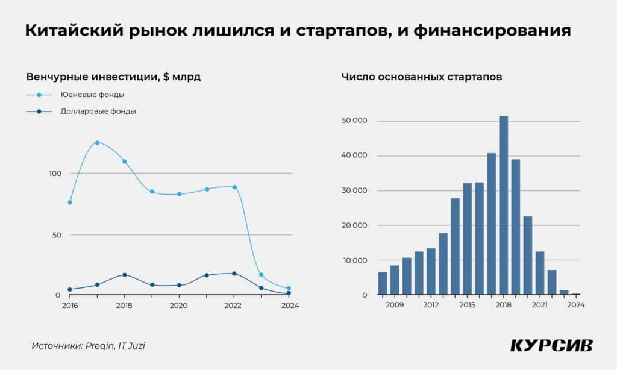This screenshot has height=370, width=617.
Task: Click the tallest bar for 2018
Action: coord(503,205)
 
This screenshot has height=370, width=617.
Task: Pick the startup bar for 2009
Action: coord(395,280)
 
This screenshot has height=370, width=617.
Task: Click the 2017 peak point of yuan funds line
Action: coord(97,143)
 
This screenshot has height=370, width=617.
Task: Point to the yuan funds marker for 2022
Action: coord(234,187)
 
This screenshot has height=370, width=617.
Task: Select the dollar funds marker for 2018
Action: coord(125,275)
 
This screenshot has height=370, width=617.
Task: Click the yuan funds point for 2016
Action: coord(70,202)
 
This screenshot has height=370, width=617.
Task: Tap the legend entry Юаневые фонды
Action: coord(92,95)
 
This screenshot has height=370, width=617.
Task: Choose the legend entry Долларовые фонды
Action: coord(98,111)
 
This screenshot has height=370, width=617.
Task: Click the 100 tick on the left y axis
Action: coord(55,174)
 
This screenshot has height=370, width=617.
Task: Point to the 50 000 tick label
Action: coord(354,122)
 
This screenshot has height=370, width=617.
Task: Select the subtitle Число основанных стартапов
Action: coord(422,77)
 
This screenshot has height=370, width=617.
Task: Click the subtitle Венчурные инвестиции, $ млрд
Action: coord(113,77)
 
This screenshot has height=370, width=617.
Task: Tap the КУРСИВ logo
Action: coord(551,345)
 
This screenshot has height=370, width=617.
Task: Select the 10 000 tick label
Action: coord(354,260)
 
